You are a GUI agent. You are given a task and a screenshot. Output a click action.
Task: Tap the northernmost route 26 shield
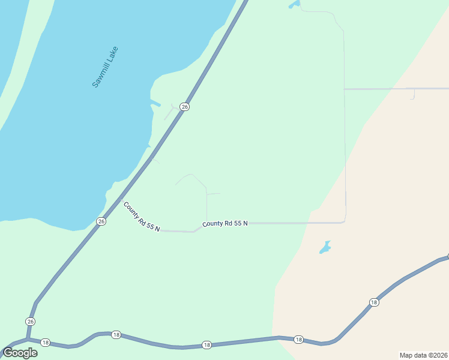coord(185,106)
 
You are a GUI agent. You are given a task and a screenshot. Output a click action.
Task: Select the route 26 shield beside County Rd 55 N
coord(101,221)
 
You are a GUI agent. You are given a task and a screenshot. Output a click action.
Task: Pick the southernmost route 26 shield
coord(30,322)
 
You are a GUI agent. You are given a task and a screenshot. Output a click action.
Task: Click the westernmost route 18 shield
coord(45,342)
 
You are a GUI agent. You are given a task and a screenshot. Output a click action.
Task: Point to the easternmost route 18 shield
coord(374,302)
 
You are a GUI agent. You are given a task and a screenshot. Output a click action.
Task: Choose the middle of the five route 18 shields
coord(206,344)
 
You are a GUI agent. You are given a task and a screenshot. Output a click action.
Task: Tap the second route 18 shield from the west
coord(116,334)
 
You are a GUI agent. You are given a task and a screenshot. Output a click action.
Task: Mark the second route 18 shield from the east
coord(298,340)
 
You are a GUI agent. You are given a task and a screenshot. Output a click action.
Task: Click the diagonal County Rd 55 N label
coord(141,217)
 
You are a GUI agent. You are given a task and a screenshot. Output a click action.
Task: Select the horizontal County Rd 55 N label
coord(225,223)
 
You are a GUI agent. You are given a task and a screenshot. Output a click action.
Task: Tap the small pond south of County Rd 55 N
coord(325,247)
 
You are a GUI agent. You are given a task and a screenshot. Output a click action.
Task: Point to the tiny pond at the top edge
coord(294,5)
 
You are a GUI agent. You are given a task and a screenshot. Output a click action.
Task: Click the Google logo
coord(20,353)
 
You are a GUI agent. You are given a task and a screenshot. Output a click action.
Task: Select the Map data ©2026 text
coord(423,355)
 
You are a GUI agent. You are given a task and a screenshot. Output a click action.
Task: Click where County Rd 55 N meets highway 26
coord(119,200)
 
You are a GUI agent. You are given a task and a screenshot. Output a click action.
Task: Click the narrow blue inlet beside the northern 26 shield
coord(155,103)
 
